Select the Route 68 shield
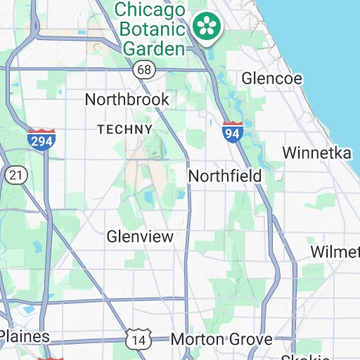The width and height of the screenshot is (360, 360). [144, 70]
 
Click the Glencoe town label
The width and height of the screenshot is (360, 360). [271, 78]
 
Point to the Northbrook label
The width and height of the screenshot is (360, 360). [127, 99]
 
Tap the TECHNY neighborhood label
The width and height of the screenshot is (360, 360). [124, 129]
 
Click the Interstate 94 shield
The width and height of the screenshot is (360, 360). [232, 131]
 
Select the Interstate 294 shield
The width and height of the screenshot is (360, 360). [42, 139]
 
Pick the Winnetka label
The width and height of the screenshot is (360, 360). [316, 153]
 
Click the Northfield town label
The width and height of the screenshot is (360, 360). [225, 175]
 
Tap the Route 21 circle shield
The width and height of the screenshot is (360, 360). [15, 174]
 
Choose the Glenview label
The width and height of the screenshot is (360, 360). [140, 237]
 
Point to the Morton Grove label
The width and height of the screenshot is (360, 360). [221, 340]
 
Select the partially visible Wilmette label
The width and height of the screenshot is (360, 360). [335, 252]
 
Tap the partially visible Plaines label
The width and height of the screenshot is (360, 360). [25, 337]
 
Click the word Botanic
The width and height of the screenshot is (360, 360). [153, 30]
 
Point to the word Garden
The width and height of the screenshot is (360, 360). [153, 48]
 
